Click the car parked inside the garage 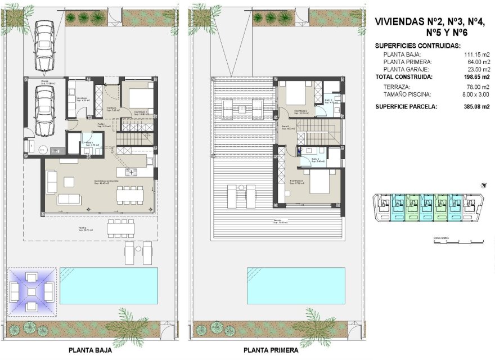pos(44,110)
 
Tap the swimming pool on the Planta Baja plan pos(109,286)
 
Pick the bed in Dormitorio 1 pos(138,99)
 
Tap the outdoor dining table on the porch pos(120,228)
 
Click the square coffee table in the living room pos(69,182)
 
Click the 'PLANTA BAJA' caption pos(90,350)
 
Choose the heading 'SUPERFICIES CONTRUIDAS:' pos(418,46)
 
